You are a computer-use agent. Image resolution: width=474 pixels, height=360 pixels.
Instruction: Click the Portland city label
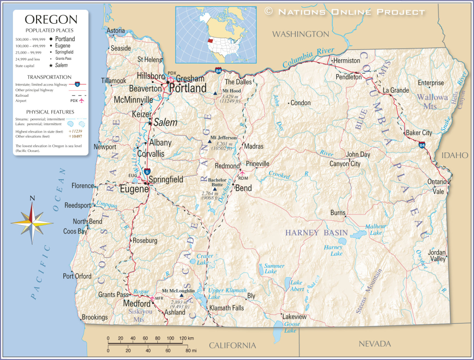tap(187, 88)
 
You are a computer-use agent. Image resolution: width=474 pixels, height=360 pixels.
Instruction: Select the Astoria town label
tap(116, 31)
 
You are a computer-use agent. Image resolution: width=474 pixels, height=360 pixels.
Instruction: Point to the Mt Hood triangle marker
tap(215, 94)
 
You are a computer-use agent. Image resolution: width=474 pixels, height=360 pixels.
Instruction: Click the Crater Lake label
tap(205, 259)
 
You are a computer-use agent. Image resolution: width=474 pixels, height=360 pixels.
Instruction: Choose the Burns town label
tap(337, 213)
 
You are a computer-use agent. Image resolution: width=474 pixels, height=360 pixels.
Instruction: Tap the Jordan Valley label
tap(437, 256)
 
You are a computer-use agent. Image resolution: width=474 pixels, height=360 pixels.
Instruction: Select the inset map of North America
tap(215, 35)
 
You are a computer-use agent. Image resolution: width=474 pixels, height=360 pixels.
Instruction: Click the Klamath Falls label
tap(226, 308)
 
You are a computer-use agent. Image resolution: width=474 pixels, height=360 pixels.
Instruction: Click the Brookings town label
tap(94, 317)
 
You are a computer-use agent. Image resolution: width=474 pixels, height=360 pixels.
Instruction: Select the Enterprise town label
tap(430, 83)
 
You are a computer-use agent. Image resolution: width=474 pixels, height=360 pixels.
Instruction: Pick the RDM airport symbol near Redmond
tap(241, 173)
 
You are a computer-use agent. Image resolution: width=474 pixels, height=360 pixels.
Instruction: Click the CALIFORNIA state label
tap(232, 345)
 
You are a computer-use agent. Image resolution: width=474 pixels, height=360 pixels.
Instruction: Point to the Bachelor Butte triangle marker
tap(215, 189)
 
